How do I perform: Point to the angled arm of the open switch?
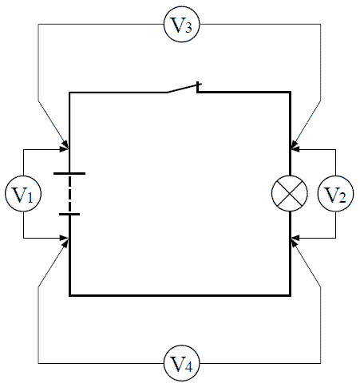(x=183, y=89)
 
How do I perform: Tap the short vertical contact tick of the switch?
(x=197, y=87)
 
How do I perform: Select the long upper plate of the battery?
(x=69, y=173)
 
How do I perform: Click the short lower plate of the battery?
(x=69, y=214)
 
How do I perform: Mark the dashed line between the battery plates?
(x=69, y=194)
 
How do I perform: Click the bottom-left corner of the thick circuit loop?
(x=69, y=295)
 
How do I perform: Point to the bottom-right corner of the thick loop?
(x=291, y=295)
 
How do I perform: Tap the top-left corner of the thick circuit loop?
(x=69, y=93)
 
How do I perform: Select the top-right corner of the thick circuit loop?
(x=291, y=93)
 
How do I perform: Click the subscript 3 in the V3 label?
(x=188, y=28)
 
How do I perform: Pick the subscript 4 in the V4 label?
(x=188, y=367)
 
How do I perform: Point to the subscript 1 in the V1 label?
(x=30, y=198)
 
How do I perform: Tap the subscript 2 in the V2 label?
(x=342, y=198)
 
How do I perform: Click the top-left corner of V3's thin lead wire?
(x=38, y=24)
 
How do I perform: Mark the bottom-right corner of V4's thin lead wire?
(x=320, y=363)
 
